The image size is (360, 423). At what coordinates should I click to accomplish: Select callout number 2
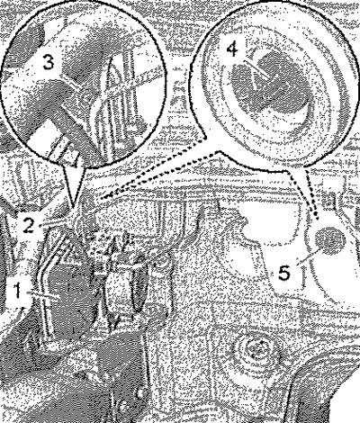(x=29, y=225)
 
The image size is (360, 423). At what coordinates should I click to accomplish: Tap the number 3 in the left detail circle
(x=48, y=62)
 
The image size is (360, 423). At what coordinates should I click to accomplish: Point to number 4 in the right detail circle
(x=232, y=48)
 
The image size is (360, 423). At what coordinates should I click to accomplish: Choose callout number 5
(x=283, y=273)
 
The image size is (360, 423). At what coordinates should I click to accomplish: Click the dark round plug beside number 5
(x=330, y=240)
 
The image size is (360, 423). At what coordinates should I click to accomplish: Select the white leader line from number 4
(x=256, y=69)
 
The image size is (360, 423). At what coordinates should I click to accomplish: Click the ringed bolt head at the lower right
(x=255, y=349)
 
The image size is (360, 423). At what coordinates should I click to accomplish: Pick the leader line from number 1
(x=42, y=294)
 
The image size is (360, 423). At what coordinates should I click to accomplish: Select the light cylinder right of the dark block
(x=120, y=290)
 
